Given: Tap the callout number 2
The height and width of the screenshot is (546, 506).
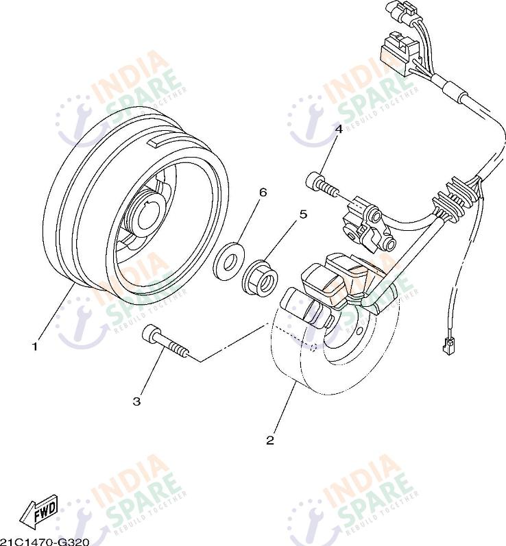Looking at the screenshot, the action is pos(270,440).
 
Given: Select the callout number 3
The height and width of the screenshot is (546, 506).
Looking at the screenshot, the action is pos(137,401).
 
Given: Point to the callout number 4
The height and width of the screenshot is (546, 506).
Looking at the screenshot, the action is pos(339,129).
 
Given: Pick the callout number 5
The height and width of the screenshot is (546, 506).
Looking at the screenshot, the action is pos(304,214).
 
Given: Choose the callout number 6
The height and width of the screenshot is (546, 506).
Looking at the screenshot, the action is pos(263,192).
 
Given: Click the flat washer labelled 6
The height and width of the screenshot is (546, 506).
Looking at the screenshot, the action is pos(229,262).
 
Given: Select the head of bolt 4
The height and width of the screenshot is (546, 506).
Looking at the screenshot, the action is pos(313,181).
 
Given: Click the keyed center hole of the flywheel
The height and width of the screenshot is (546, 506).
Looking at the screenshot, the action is pos(149,218).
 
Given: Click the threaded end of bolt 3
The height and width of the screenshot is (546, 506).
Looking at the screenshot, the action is pos(178,350).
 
